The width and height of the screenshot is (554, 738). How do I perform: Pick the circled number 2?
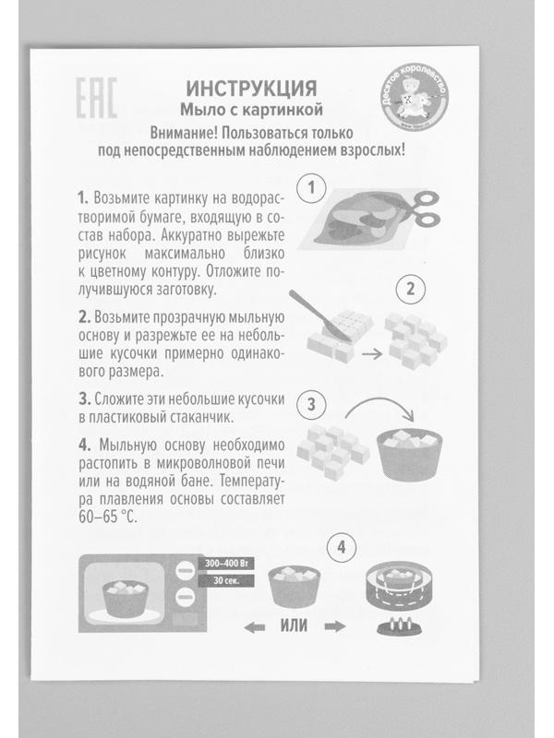404,288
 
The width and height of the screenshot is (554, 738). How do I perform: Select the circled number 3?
313,403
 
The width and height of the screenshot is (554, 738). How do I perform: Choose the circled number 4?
343,546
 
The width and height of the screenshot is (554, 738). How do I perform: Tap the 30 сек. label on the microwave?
224,581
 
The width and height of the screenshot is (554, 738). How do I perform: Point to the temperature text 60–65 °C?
107,518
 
